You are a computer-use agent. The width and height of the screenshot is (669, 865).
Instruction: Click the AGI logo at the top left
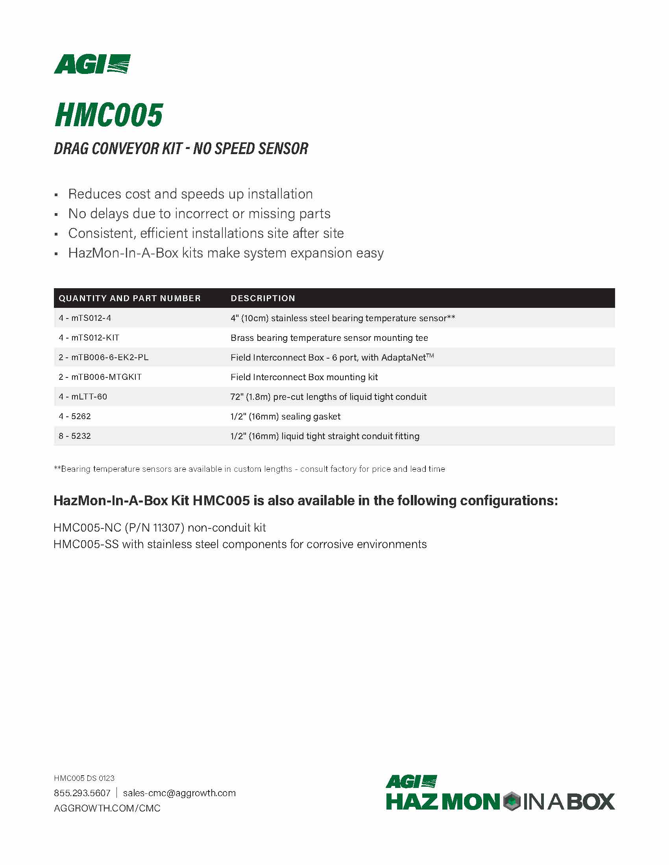click(x=92, y=64)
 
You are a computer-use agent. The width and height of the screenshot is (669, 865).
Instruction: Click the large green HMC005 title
click(x=109, y=115)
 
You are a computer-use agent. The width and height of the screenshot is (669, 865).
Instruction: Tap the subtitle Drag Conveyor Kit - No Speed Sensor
click(x=181, y=149)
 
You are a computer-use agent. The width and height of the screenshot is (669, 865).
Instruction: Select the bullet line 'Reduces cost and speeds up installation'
click(x=190, y=194)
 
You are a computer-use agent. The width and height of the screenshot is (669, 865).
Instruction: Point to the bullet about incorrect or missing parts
click(x=199, y=213)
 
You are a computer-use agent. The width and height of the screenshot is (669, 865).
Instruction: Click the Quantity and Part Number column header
click(x=129, y=298)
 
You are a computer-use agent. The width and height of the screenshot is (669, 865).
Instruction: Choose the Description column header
click(x=263, y=298)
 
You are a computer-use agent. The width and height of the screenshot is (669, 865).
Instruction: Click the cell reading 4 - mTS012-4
click(x=85, y=318)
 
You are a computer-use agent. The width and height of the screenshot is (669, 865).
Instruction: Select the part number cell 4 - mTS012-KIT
click(x=89, y=338)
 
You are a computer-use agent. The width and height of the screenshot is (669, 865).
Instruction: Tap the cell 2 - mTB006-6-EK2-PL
click(x=103, y=357)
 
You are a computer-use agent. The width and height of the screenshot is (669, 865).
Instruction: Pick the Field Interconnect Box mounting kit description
click(x=304, y=377)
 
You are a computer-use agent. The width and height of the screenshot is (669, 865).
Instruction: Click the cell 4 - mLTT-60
click(x=83, y=396)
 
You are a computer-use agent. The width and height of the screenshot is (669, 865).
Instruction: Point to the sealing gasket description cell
click(x=285, y=416)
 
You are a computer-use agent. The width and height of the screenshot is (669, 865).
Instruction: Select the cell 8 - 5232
click(x=74, y=436)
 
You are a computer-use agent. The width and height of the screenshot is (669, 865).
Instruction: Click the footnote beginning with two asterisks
click(x=249, y=469)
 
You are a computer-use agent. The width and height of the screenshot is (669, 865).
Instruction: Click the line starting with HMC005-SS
click(x=240, y=544)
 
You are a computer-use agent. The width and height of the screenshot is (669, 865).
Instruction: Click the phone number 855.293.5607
click(x=82, y=793)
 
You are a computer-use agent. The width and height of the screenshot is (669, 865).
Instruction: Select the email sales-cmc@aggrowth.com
click(x=179, y=793)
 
